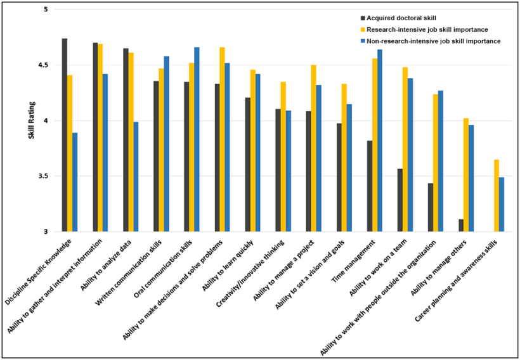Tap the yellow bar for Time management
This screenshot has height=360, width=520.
(374, 145)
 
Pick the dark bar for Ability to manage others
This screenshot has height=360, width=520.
(460, 226)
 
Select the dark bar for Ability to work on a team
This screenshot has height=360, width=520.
(400, 200)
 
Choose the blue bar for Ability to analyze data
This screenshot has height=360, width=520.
(136, 177)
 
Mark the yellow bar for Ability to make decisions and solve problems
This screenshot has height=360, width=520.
(222, 139)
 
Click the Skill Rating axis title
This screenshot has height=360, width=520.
(30, 120)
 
